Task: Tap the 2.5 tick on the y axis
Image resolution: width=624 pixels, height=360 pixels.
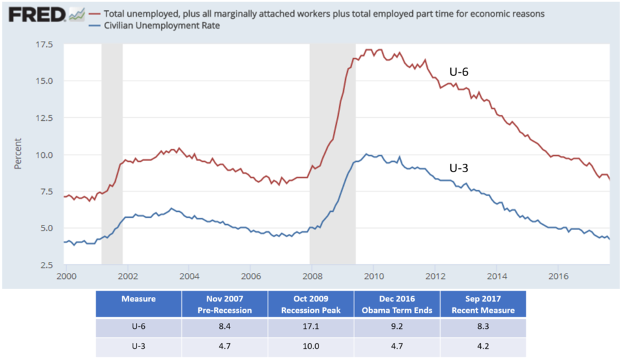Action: pyautogui.click(x=46, y=265)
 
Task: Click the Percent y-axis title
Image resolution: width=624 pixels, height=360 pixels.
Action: pyautogui.click(x=18, y=154)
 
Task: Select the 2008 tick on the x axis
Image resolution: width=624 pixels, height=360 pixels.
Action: pyautogui.click(x=311, y=276)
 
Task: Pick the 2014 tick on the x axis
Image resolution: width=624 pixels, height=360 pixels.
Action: pyautogui.click(x=497, y=276)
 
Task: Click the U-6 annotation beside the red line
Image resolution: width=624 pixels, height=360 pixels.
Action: pyautogui.click(x=459, y=72)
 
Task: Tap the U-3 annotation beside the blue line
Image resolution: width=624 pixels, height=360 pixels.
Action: pyautogui.click(x=459, y=168)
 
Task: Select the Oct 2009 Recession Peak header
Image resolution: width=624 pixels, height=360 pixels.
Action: pyautogui.click(x=311, y=305)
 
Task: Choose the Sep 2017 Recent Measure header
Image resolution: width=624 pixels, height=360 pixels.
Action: pyautogui.click(x=482, y=305)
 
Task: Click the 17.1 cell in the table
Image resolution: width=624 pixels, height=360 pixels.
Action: pyautogui.click(x=311, y=329)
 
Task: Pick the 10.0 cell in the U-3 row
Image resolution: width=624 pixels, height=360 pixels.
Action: pyautogui.click(x=311, y=347)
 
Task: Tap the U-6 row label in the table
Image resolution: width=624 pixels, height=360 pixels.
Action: pyautogui.click(x=138, y=329)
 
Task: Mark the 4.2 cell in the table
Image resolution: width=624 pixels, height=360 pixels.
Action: pyautogui.click(x=482, y=347)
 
